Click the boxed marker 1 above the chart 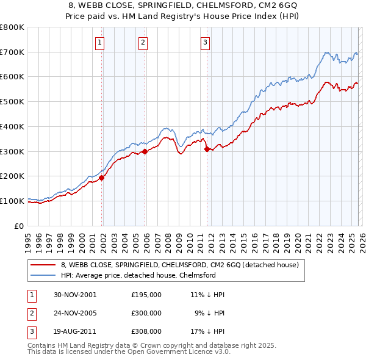click(x=99, y=42)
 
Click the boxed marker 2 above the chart click(x=143, y=42)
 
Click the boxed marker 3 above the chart click(x=205, y=42)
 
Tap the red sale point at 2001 click(x=102, y=178)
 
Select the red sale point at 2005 click(x=145, y=151)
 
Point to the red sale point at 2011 click(x=207, y=149)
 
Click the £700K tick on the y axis click(x=12, y=52)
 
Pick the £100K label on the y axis click(x=12, y=201)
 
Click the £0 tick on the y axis click(x=19, y=226)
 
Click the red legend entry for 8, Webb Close click(x=179, y=265)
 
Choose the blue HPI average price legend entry click(x=138, y=275)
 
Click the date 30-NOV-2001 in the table click(x=75, y=294)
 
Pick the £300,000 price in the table click(x=146, y=313)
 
